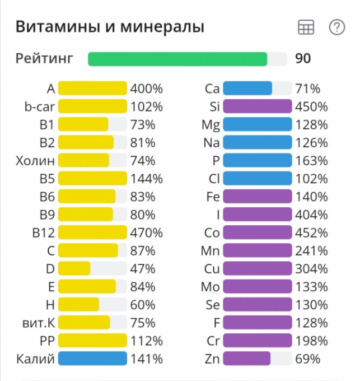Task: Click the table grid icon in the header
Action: click(306, 27)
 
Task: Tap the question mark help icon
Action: click(336, 27)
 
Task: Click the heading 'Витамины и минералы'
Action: click(110, 27)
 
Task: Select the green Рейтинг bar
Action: click(177, 59)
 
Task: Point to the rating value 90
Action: click(303, 59)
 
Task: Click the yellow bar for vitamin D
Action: click(74, 268)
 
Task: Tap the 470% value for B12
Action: click(146, 233)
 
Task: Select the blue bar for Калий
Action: click(92, 359)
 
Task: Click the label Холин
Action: click(36, 161)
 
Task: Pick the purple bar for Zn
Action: click(246, 359)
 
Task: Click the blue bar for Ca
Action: click(247, 89)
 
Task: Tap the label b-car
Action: click(39, 106)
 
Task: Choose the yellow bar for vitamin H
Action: click(78, 305)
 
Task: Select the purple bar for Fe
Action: click(257, 197)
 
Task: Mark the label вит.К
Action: click(36, 323)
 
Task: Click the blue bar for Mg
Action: click(257, 124)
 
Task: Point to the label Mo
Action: click(211, 287)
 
